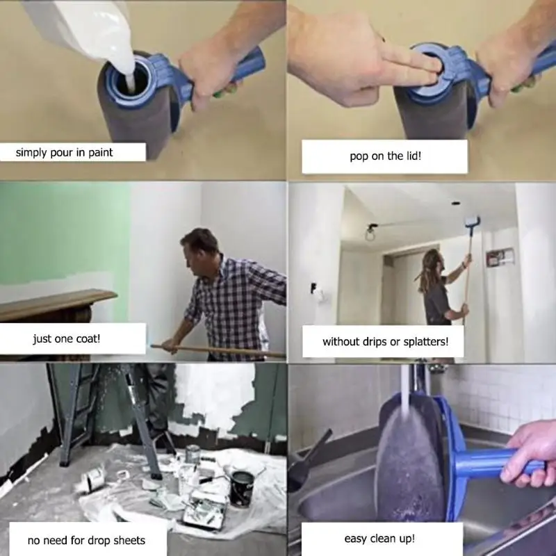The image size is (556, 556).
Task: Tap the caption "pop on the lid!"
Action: pyautogui.click(x=384, y=156)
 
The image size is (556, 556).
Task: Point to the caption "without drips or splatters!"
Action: pyautogui.click(x=384, y=341)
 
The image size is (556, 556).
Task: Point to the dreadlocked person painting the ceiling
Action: pyautogui.click(x=436, y=292)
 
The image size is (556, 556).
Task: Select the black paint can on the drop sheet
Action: pyautogui.click(x=241, y=487)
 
